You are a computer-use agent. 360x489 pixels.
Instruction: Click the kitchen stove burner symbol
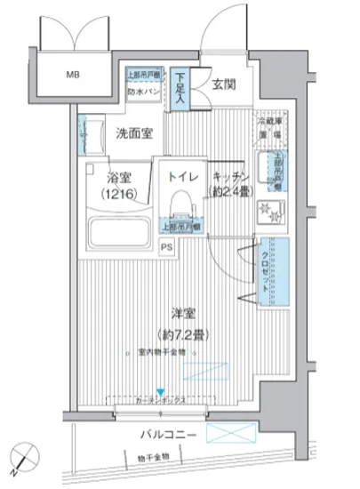[x=265, y=212]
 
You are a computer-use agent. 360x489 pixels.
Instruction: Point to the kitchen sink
[x=269, y=166]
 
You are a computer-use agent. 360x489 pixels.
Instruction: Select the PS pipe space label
[x=167, y=248]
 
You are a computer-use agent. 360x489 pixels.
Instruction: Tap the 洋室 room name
[x=184, y=312]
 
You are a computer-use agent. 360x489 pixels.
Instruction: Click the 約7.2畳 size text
[x=185, y=335]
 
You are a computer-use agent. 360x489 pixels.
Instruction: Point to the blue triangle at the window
[x=160, y=392]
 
